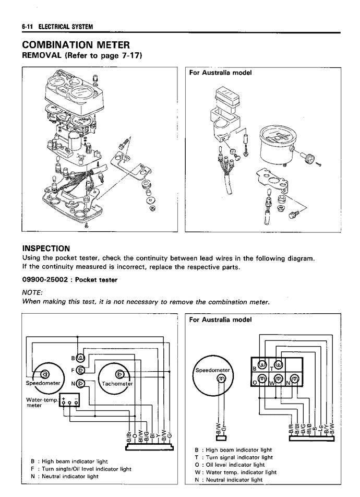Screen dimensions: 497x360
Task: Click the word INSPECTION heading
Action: (x=46, y=248)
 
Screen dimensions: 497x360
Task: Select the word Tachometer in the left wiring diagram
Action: (x=118, y=384)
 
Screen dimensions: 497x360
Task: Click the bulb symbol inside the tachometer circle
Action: (x=119, y=374)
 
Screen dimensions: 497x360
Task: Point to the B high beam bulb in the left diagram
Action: (x=81, y=358)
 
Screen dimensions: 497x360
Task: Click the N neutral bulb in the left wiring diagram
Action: (x=81, y=384)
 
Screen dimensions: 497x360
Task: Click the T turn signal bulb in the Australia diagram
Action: (x=279, y=364)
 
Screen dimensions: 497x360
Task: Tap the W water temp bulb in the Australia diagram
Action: (x=278, y=380)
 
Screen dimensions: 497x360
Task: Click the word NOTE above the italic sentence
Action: (x=32, y=293)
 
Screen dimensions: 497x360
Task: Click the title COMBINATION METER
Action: (x=76, y=45)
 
